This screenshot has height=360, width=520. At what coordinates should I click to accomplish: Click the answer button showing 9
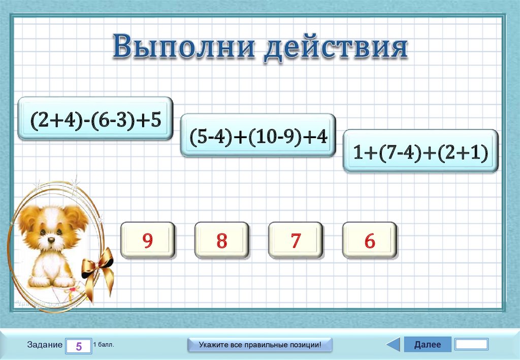(147, 240)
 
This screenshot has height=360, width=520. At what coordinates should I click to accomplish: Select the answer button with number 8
(221, 240)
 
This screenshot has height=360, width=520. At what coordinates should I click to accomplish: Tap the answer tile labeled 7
(296, 240)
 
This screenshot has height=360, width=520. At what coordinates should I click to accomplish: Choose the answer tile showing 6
(370, 240)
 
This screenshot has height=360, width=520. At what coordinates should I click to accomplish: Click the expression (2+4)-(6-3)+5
(95, 119)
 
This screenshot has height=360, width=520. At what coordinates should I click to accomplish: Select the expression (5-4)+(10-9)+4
(258, 136)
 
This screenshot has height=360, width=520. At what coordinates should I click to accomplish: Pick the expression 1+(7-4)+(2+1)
(421, 151)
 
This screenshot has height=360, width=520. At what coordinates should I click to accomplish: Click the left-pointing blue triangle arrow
(394, 345)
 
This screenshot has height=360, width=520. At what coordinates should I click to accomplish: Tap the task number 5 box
(79, 346)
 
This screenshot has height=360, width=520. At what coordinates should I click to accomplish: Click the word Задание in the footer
(45, 345)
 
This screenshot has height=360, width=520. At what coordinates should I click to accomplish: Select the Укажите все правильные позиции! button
(260, 345)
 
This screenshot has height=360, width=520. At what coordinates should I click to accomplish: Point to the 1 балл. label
(104, 345)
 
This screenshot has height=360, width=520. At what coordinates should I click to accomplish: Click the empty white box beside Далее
(471, 345)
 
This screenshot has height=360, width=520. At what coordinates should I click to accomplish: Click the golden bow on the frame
(98, 264)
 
